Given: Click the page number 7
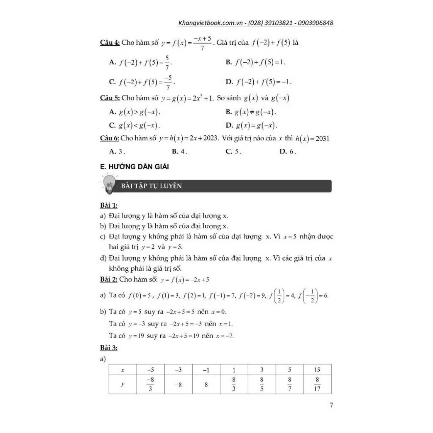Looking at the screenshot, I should tap(331, 405).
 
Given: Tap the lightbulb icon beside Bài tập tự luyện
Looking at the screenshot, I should tap(109, 184).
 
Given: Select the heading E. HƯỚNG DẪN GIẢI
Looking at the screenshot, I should tap(135, 167).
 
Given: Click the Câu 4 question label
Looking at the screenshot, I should tap(110, 43).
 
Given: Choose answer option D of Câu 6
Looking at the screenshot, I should tap(288, 152).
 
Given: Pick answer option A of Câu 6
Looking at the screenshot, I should tap(117, 152).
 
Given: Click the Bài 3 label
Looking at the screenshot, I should tap(109, 348).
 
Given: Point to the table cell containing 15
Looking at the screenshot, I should tap(317, 370).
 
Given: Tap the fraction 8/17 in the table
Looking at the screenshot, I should tap(317, 384).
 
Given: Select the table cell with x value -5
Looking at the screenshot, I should tap(151, 370).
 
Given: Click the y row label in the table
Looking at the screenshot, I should tap(122, 384).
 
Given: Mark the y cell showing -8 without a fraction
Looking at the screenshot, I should tap(178, 385).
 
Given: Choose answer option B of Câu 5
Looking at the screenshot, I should tap(251, 112).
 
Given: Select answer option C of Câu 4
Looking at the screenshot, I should tap(142, 82).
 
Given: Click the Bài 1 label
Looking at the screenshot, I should tap(109, 205).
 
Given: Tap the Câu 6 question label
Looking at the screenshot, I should tap(110, 138).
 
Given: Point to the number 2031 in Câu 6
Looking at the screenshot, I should tap(322, 138).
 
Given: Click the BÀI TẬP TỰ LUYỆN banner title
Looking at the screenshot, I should tap(152, 186).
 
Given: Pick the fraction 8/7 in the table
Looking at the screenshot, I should tap(290, 384).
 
